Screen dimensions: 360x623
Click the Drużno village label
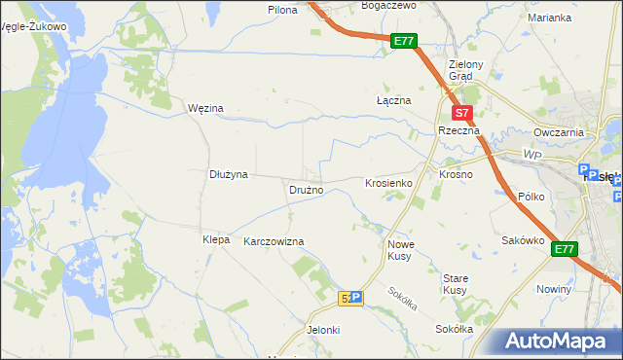(306, 190)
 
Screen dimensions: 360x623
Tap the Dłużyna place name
(230, 174)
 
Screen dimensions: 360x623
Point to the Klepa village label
(215, 239)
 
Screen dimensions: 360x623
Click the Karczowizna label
(275, 241)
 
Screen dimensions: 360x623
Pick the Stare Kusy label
(455, 284)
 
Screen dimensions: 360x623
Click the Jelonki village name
(323, 330)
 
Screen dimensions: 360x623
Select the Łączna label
(394, 100)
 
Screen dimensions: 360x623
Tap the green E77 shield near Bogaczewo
(405, 41)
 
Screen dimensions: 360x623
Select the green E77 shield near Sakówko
(565, 249)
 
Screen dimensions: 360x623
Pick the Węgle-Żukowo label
(35, 27)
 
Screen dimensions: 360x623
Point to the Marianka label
(549, 18)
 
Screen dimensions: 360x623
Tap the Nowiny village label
(554, 289)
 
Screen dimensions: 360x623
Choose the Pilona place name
(282, 9)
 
